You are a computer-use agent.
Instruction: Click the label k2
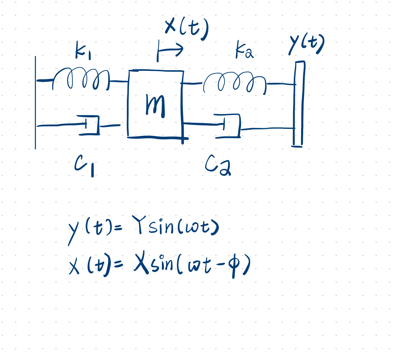point(245,51)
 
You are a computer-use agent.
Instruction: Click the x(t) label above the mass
point(187,29)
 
